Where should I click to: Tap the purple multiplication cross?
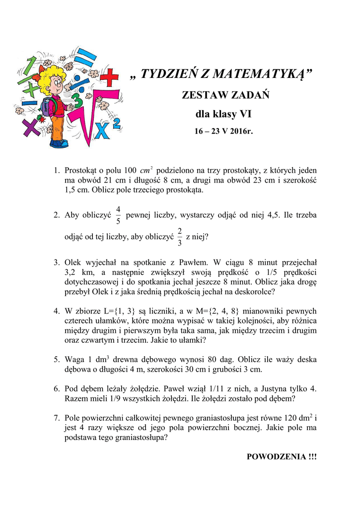coord(30,127)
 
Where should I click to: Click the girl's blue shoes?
coord(59,143)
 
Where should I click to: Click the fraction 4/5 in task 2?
coord(118,215)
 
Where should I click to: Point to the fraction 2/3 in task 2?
coord(179,237)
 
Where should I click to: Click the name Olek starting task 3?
coord(74,263)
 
